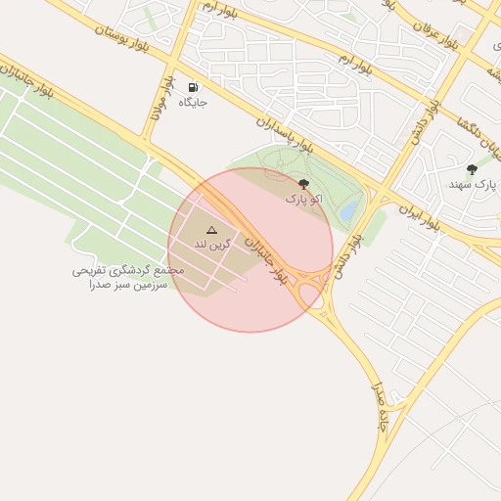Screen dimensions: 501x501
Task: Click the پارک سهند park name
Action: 473,184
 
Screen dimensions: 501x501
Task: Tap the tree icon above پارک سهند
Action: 473,169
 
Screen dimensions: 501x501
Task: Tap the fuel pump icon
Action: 192,87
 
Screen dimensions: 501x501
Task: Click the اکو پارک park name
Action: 302,199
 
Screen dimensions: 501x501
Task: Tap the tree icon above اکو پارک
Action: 302,184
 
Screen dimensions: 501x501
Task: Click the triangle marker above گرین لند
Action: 211,229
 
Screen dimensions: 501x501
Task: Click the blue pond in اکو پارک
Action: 348,211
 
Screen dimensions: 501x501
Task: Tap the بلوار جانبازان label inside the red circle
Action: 266,260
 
